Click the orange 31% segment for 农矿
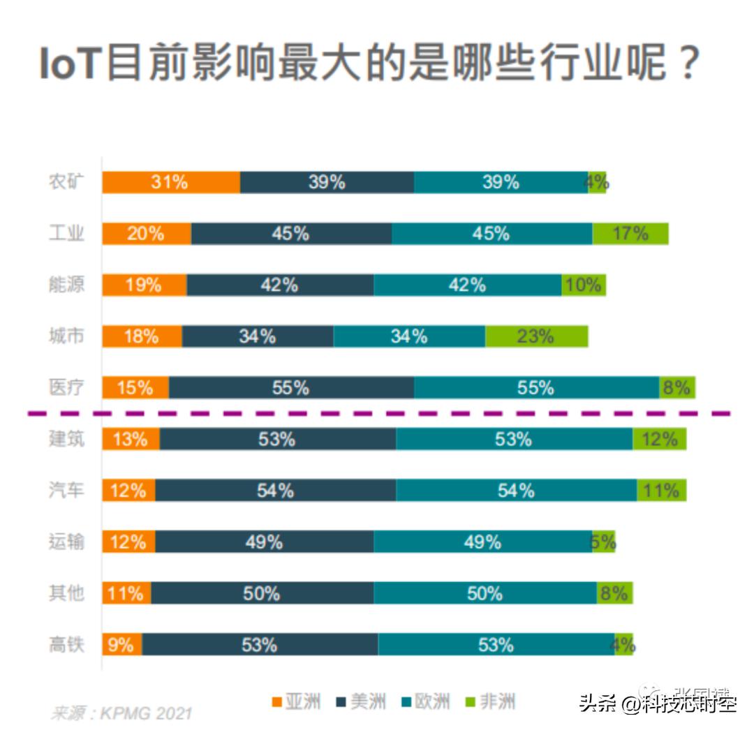tap(171, 182)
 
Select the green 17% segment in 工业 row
tap(630, 234)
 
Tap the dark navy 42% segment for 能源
tap(280, 285)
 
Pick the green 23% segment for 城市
tap(536, 336)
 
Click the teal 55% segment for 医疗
tap(536, 387)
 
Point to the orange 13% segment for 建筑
tap(131, 439)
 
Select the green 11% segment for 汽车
tap(661, 491)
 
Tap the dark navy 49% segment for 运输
tap(264, 542)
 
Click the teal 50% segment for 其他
tap(485, 593)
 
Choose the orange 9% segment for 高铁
tap(122, 644)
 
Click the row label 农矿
tap(66, 182)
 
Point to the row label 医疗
tap(66, 387)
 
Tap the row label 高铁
tap(66, 645)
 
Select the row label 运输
tap(66, 542)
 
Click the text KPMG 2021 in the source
tap(145, 714)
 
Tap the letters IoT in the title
tap(69, 66)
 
